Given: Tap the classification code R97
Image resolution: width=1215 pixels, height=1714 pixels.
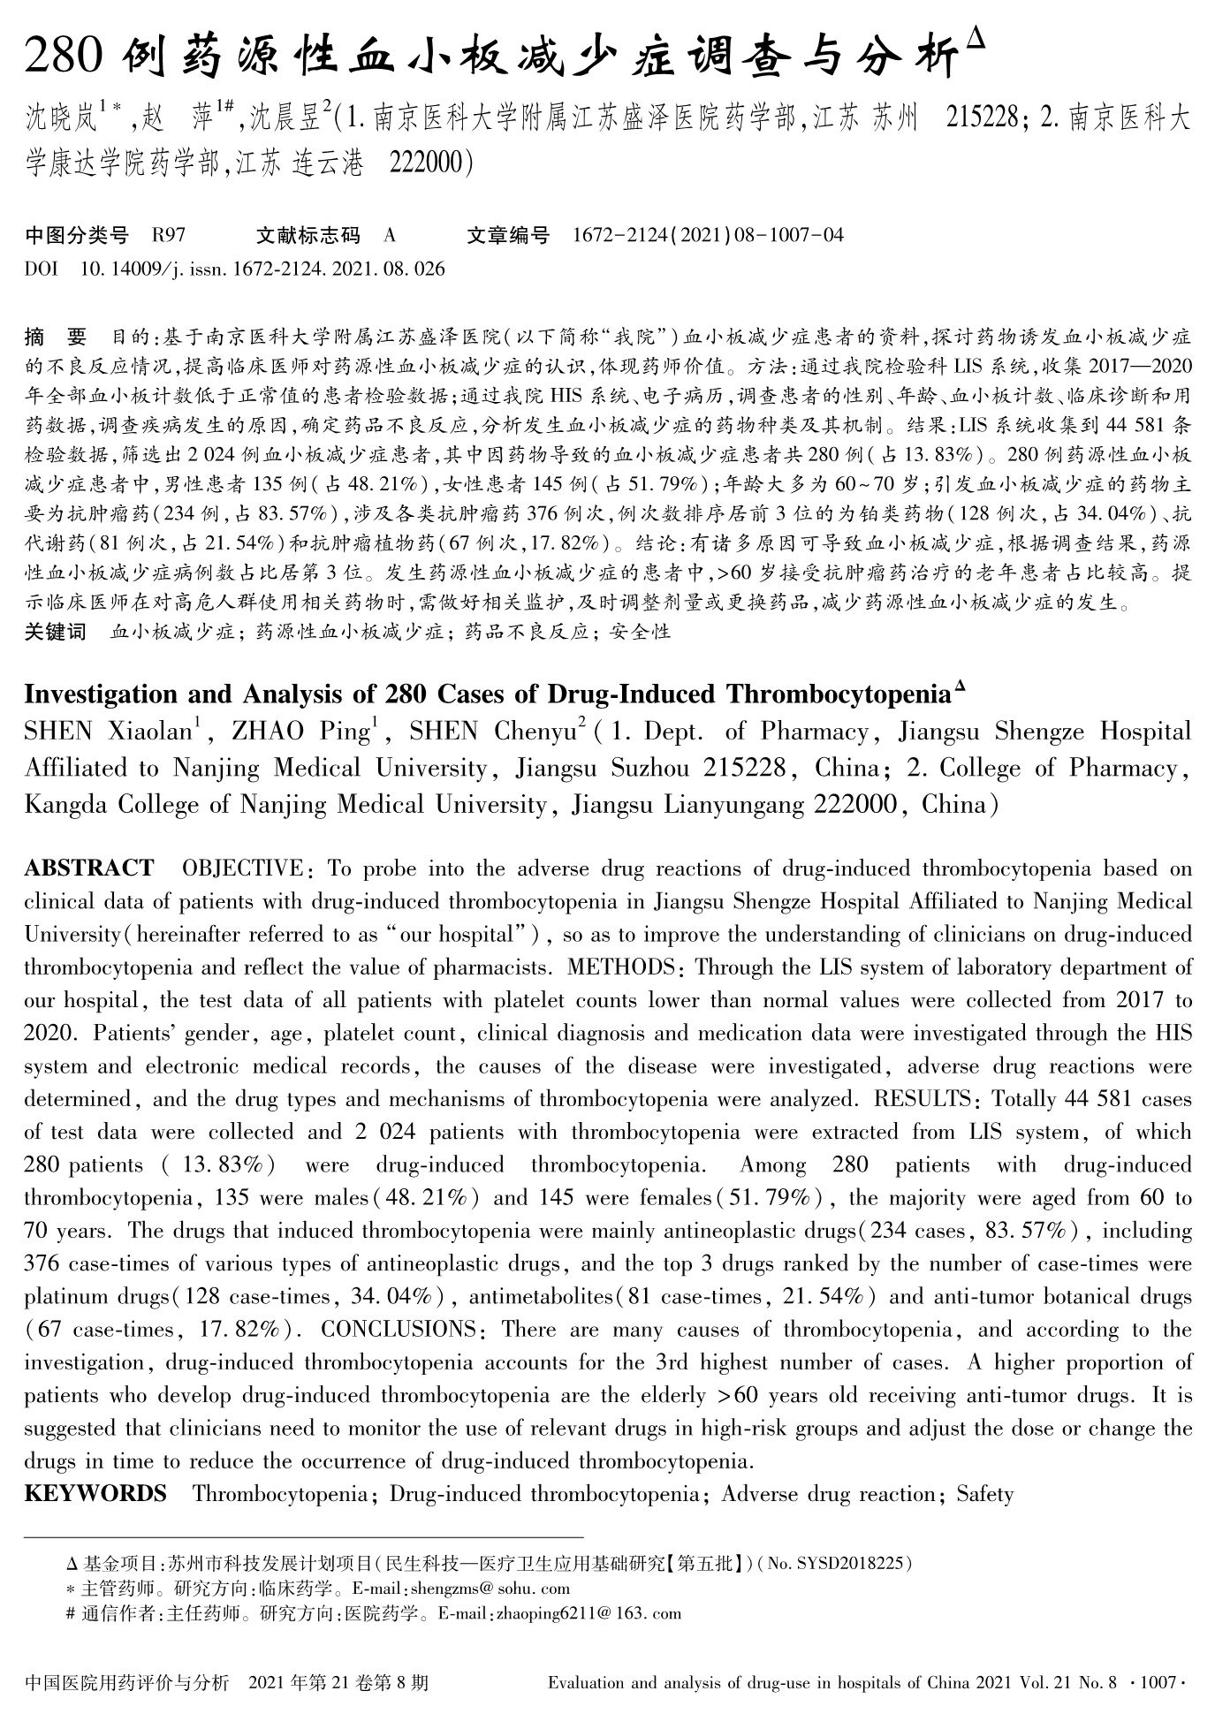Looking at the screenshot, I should pos(168,235).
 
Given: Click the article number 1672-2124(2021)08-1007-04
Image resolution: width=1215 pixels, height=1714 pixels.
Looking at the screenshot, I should pos(708,235).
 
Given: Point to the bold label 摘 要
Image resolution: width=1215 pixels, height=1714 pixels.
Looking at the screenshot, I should pos(57,337).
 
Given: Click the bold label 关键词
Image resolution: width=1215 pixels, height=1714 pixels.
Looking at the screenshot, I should pos(56,632).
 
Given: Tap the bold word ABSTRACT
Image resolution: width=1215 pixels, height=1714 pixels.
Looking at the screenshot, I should pos(89,868).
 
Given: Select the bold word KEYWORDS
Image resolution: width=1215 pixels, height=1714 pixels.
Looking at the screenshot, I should pos(95,1494).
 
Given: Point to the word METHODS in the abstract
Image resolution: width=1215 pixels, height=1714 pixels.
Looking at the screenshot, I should pos(621,967).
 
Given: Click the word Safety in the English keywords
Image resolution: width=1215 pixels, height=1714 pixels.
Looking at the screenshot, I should pos(984,1494).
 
